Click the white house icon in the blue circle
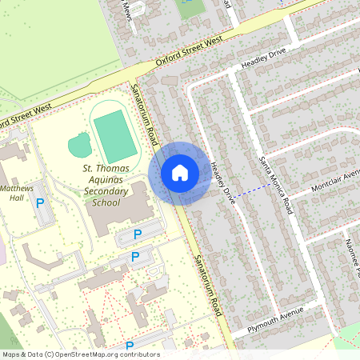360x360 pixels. (180, 173)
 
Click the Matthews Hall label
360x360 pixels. (16, 193)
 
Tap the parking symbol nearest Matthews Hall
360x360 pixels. (40, 204)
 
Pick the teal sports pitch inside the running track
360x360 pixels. (115, 134)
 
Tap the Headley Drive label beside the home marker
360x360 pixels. (222, 182)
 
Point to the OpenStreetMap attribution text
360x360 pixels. (81, 354)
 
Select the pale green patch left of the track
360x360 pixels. (79, 146)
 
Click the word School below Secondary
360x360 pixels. (106, 202)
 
